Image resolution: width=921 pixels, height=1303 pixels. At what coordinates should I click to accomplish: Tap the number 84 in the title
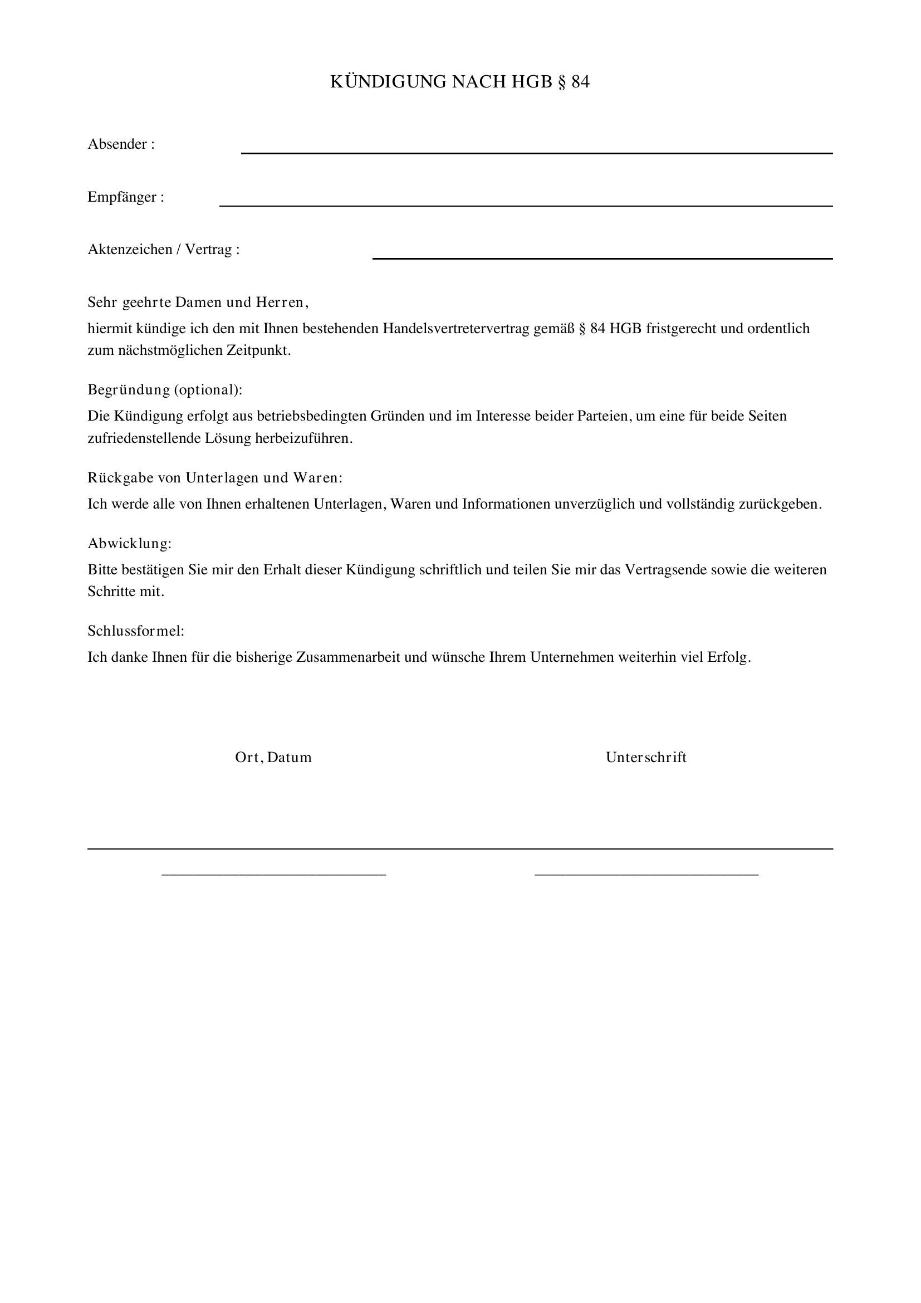point(580,82)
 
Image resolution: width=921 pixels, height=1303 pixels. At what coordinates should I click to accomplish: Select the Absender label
point(121,144)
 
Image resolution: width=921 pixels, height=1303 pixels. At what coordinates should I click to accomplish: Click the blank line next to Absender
point(536,152)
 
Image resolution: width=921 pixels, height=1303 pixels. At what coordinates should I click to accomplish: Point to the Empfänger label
point(125,197)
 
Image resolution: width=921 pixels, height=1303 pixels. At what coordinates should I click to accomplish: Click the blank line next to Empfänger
point(526,205)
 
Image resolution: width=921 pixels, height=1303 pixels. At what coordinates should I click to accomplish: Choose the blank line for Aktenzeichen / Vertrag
point(602,258)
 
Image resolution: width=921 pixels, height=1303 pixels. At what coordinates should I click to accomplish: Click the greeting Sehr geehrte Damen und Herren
point(198,302)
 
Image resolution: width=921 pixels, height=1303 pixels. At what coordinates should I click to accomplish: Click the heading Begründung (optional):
point(164,390)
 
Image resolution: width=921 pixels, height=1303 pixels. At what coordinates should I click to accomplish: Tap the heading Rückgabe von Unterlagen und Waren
point(215,478)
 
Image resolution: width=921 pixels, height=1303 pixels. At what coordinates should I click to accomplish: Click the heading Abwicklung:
point(129,544)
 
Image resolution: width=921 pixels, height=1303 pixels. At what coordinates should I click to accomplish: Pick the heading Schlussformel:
point(136,631)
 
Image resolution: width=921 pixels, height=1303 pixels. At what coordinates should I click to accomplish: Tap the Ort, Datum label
point(273,758)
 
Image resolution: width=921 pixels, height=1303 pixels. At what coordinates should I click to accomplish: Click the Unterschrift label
point(646,758)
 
